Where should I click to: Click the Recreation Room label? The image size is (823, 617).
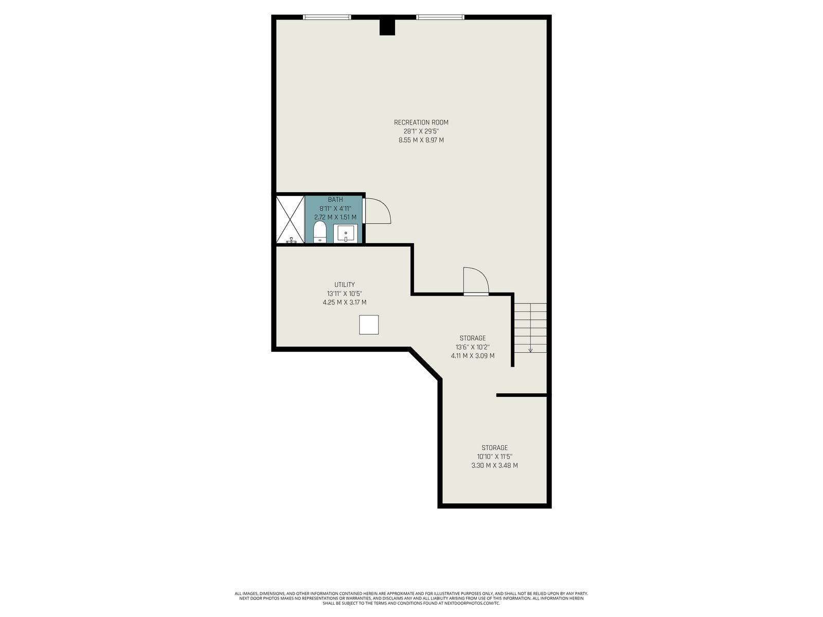421,122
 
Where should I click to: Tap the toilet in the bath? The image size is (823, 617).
320,232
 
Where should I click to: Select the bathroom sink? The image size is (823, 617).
345,233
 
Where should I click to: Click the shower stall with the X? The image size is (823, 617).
290,219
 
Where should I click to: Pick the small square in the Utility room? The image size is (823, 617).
369,324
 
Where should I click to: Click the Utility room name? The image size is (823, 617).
344,284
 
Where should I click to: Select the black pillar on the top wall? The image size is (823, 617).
387,27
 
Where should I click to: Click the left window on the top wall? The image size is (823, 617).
327,17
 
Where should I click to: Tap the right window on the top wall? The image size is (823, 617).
440,17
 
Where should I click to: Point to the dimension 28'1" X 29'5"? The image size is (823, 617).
421,131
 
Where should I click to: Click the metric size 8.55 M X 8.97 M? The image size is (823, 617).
421,140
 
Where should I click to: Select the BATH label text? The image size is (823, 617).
335,199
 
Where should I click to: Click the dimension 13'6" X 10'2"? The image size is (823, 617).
472,347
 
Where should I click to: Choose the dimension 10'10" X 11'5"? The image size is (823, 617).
494,457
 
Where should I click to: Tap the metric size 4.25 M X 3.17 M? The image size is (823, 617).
344,302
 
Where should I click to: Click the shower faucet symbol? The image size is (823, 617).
291,240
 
